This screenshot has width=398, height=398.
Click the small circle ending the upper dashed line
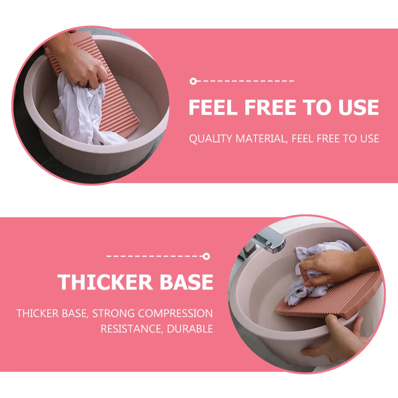coord(193,81)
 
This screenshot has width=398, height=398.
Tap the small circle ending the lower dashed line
coord(206,256)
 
